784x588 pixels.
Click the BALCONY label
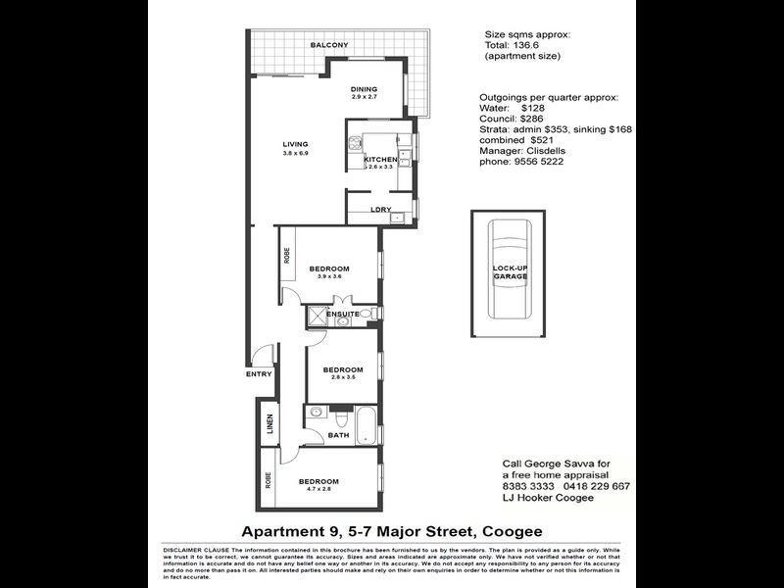(329, 45)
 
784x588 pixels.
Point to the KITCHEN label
(380, 160)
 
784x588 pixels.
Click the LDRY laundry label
(381, 210)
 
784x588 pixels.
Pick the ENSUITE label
(343, 314)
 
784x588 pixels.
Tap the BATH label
(339, 435)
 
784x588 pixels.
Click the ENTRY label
(259, 373)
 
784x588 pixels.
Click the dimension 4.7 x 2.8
(318, 490)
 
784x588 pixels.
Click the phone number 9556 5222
(538, 161)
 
